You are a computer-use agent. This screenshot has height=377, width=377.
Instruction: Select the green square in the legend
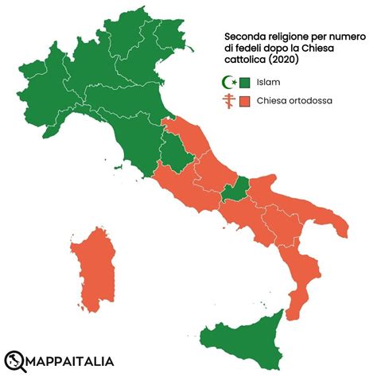point(245,81)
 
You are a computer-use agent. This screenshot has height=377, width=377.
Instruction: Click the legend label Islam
point(268,81)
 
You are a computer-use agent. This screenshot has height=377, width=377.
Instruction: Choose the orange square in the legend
point(245,101)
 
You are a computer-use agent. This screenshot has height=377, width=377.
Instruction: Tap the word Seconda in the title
point(245,37)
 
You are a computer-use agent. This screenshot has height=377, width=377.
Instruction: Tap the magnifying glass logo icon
point(15,359)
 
